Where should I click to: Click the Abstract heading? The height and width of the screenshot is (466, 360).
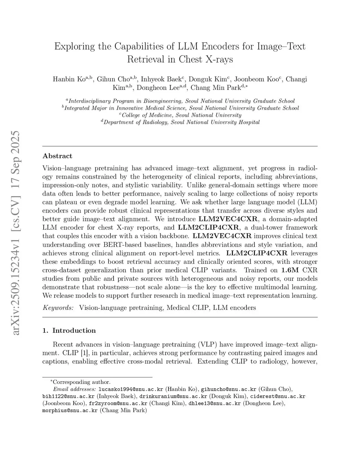57,156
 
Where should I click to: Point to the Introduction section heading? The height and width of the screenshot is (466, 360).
74,331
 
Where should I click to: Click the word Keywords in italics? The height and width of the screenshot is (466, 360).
58,308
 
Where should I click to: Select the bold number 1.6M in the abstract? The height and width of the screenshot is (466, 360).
290,270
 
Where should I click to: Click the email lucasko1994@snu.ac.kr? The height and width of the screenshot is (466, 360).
131,389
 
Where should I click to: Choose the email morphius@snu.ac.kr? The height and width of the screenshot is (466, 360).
70,410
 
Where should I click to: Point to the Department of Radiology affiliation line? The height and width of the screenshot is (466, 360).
180,122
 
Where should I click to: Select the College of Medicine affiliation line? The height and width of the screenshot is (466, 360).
180,115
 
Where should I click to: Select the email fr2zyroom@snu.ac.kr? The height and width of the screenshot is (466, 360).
118,403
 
